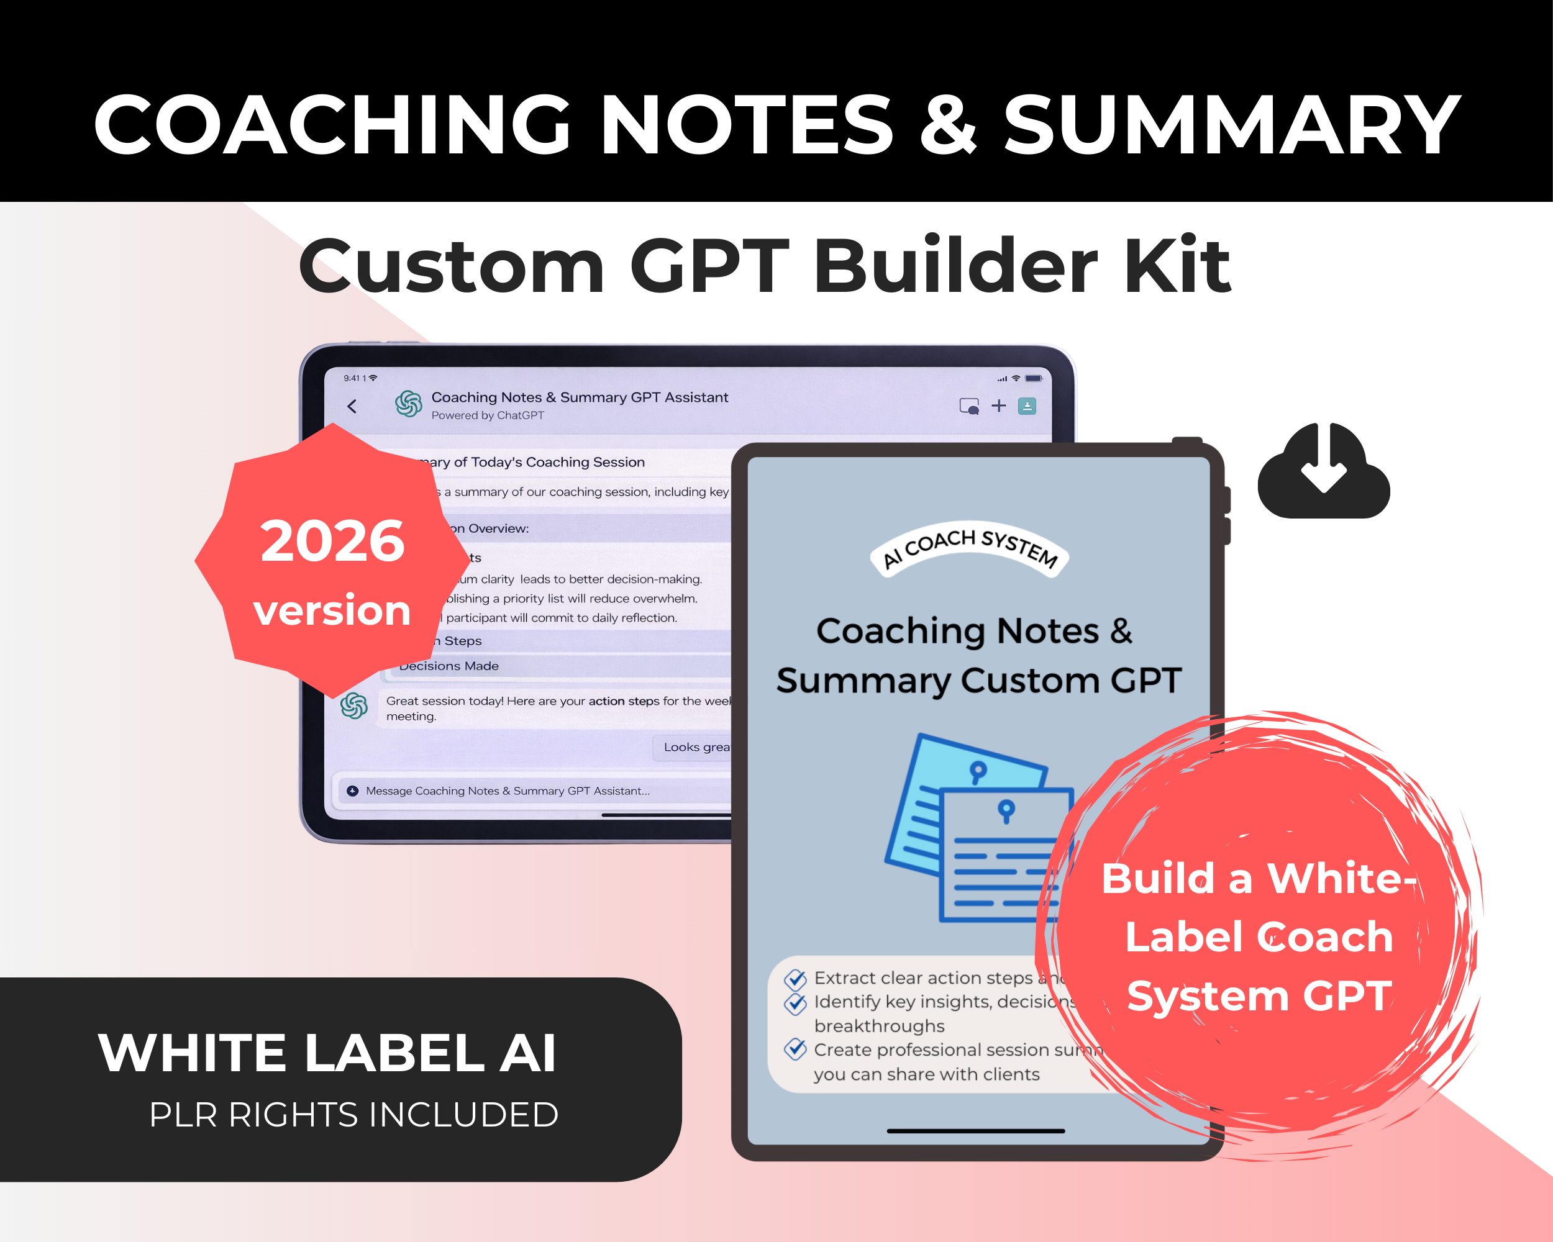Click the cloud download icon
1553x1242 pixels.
click(x=1323, y=471)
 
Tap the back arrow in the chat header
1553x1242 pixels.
click(x=352, y=406)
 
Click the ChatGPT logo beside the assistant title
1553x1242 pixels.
click(x=408, y=404)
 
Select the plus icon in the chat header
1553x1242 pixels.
click(x=998, y=406)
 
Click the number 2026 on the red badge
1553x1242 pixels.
click(x=333, y=542)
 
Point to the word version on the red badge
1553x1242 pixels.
click(x=332, y=610)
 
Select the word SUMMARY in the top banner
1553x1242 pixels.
click(x=1232, y=125)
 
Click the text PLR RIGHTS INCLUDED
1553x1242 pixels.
click(x=353, y=1115)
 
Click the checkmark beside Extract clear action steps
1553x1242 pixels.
click(x=795, y=979)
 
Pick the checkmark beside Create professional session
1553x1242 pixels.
click(x=795, y=1049)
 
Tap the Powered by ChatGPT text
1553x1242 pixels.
click(x=488, y=415)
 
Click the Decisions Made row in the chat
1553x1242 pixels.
click(x=449, y=666)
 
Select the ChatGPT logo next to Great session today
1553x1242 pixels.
click(x=353, y=705)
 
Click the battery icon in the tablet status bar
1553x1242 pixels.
click(x=1034, y=378)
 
